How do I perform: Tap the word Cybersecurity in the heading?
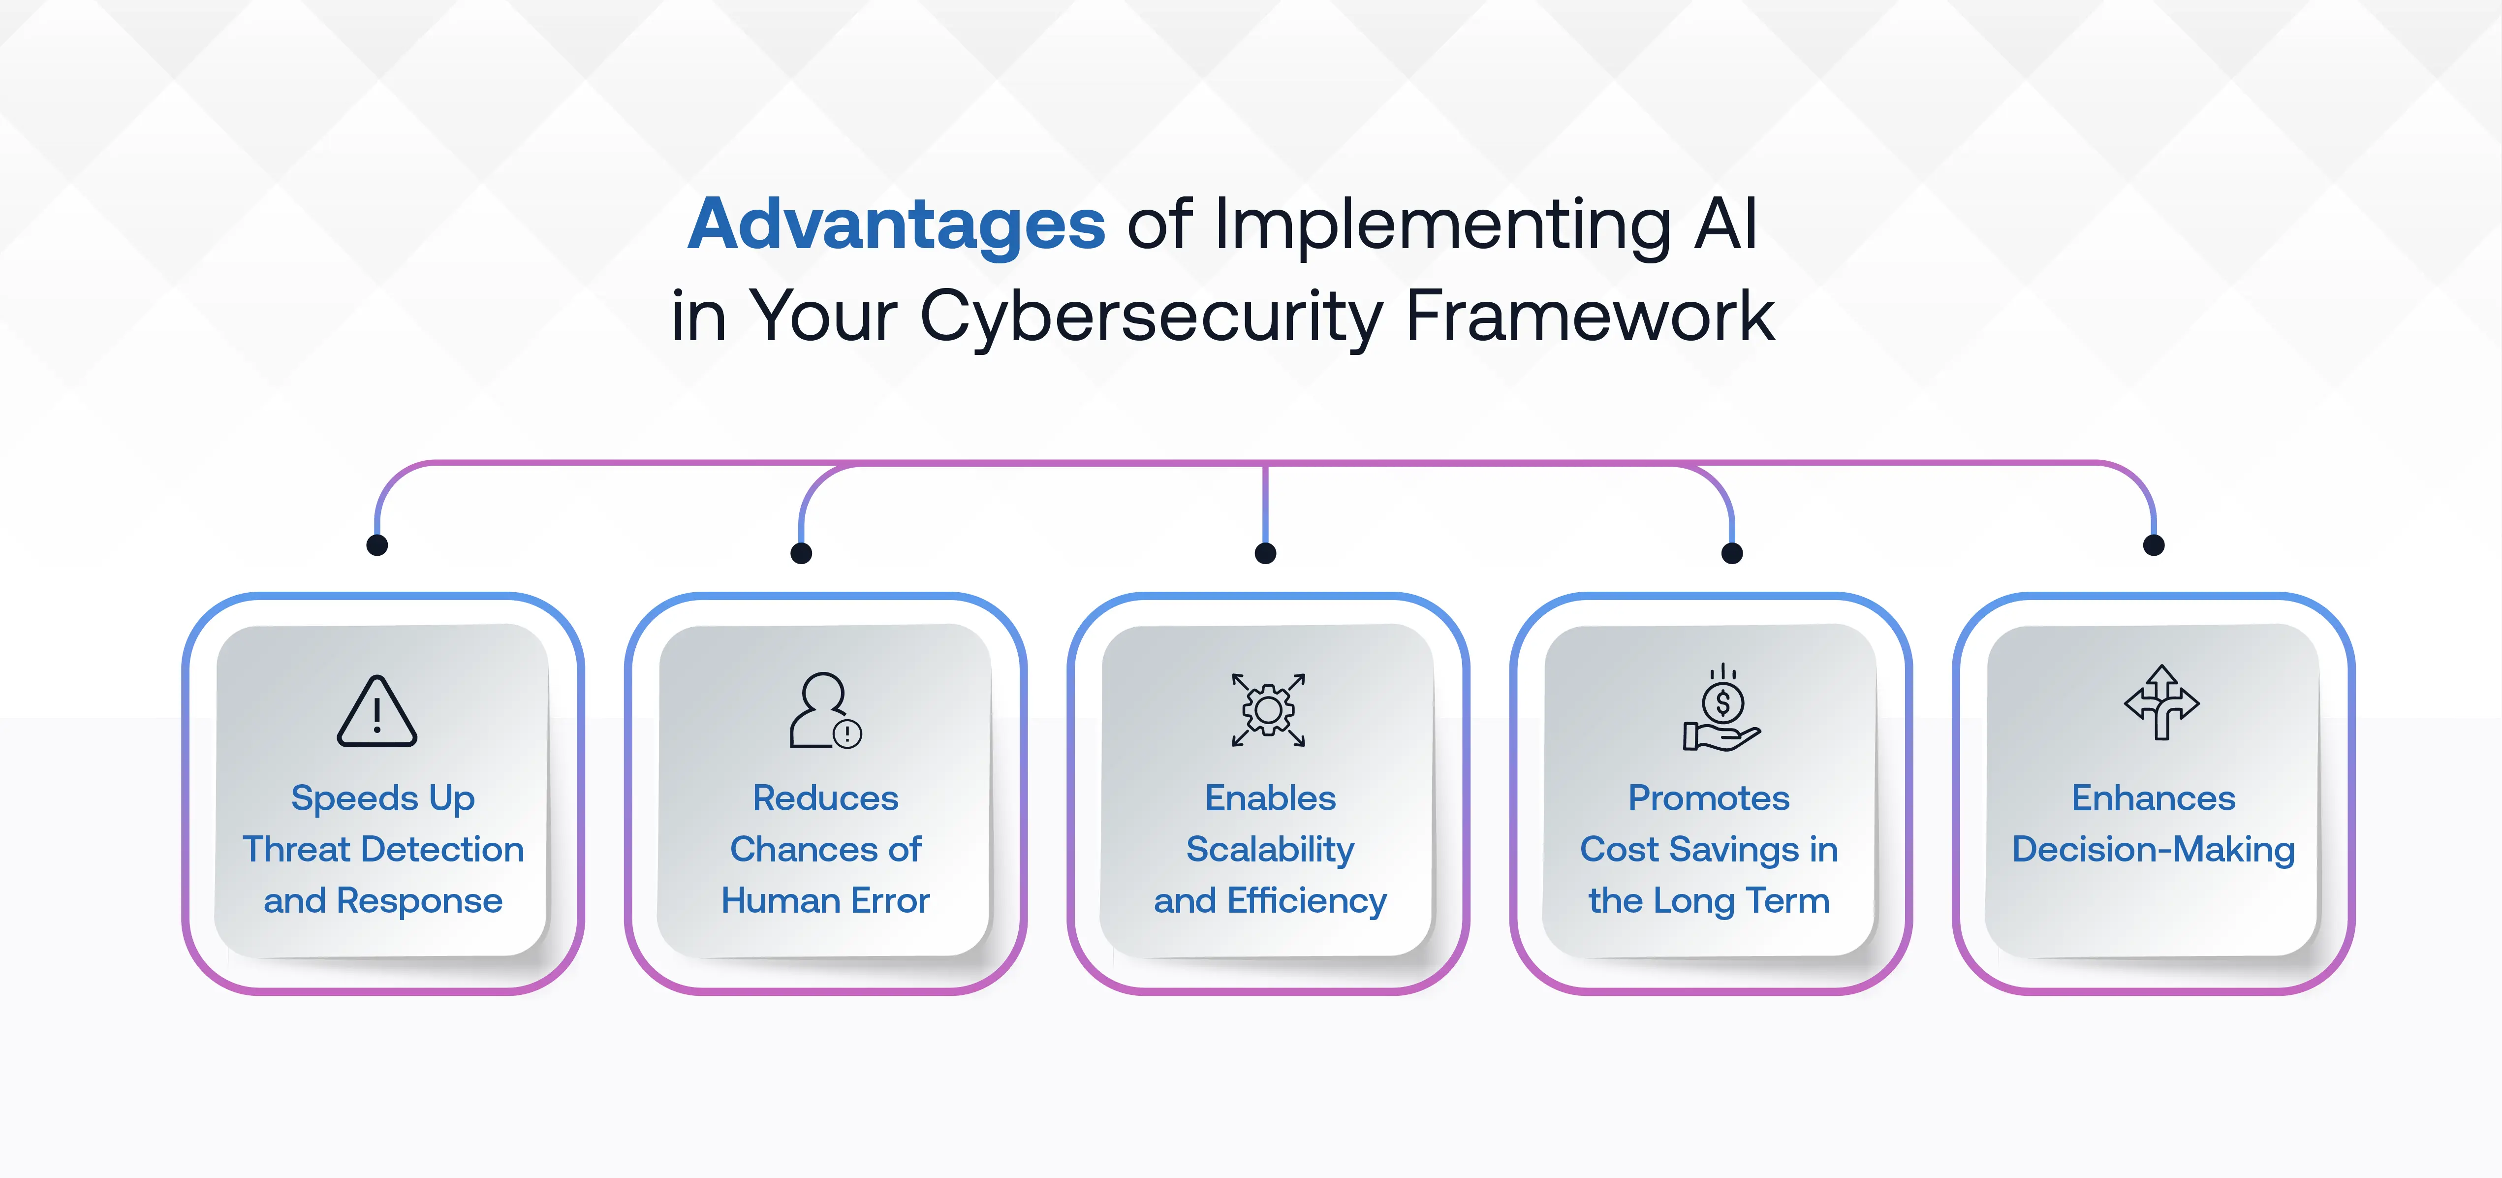pos(1151,317)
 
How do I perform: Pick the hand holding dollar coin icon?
pos(1721,709)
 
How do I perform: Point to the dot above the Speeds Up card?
pos(377,545)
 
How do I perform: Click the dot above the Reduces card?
pos(801,553)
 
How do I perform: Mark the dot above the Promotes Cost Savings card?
pos(1732,553)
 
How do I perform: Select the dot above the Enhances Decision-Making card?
pos(2153,545)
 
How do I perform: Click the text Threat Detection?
pos(383,850)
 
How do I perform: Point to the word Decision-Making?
pos(2153,850)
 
